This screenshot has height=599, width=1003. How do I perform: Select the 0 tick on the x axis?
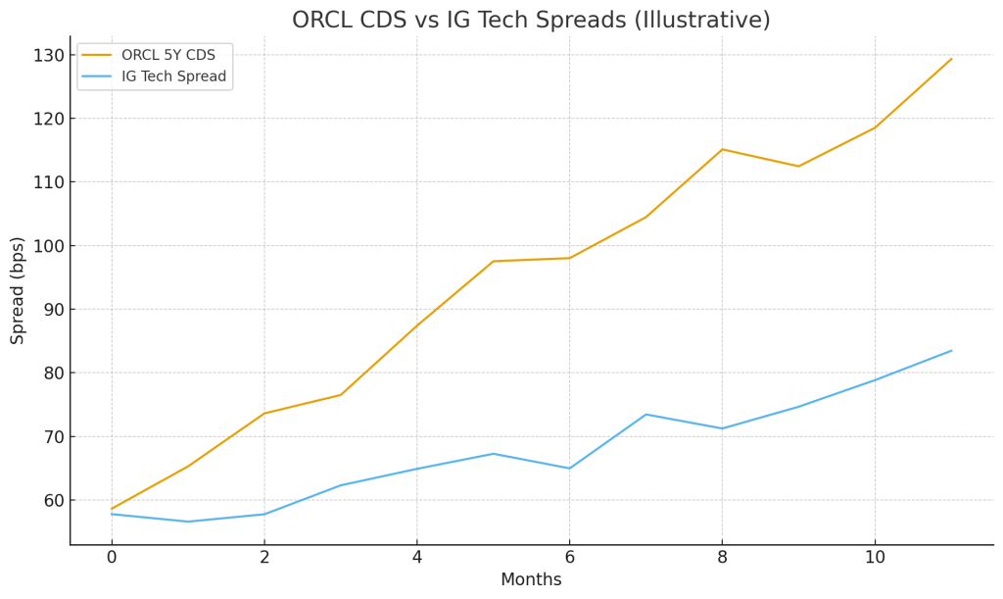point(112,557)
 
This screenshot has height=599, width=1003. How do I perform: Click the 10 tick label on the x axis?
point(875,557)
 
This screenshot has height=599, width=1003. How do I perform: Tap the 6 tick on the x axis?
point(569,557)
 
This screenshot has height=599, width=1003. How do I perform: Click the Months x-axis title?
point(531,580)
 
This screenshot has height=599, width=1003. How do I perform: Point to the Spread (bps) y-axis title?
point(18,290)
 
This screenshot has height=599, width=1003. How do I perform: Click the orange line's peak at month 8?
point(722,149)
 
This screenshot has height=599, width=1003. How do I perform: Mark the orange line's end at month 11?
point(951,59)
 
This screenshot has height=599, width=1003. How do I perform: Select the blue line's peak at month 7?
point(645,414)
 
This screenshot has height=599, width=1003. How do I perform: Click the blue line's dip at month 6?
point(569,469)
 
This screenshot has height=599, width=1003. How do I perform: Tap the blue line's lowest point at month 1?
point(188,522)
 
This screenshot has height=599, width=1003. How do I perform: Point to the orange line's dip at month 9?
point(798,166)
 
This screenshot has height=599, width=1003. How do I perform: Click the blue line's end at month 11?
point(951,351)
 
